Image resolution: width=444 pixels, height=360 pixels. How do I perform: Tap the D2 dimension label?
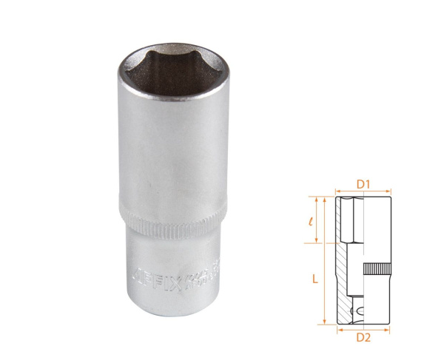(x=363, y=338)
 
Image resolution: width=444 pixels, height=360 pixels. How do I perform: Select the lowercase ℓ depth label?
(x=314, y=220)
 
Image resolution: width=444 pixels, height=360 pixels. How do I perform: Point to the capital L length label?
(x=314, y=279)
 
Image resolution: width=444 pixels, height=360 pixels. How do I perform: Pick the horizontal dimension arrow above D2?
(x=363, y=328)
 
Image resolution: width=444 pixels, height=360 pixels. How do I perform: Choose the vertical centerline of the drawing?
(x=363, y=251)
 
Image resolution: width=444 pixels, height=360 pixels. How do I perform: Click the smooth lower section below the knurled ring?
(x=170, y=296)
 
